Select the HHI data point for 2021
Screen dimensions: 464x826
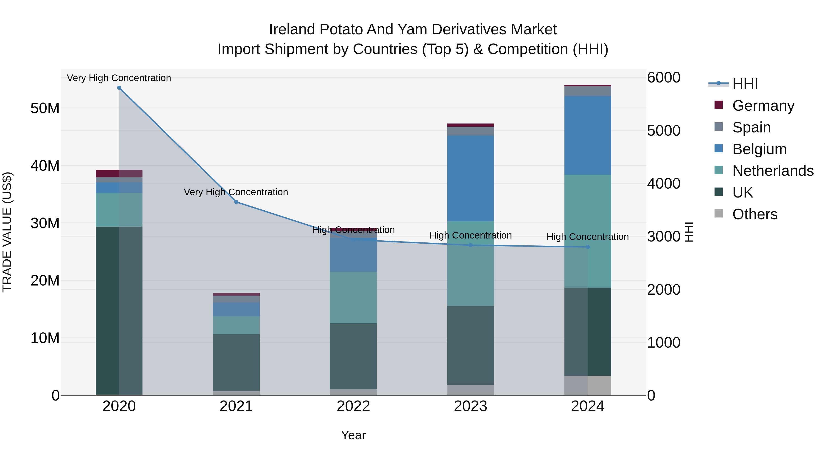coord(236,202)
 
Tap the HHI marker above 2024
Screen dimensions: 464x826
coord(588,247)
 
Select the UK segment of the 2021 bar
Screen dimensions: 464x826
coord(236,362)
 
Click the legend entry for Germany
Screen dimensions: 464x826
coord(763,106)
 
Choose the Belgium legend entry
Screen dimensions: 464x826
coord(759,149)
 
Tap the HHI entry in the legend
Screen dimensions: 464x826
coord(745,84)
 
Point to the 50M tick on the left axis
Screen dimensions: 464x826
coord(45,108)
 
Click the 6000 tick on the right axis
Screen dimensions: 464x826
coord(663,77)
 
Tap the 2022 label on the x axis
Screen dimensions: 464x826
coord(353,406)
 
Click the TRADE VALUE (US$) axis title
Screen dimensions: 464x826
coord(7,232)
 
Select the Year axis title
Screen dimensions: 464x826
coord(353,435)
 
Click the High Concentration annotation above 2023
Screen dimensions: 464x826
coord(470,235)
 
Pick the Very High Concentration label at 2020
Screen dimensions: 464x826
coord(119,78)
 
